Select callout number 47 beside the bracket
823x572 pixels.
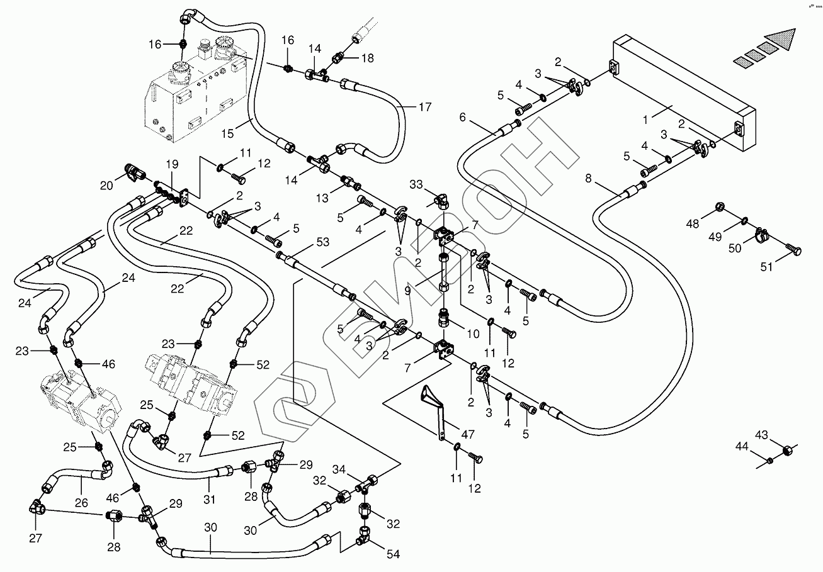pos(468,435)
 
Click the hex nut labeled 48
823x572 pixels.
pos(719,207)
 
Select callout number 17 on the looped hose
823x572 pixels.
pos(425,107)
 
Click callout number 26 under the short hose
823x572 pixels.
pos(82,502)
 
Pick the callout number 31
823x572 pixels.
pos(210,500)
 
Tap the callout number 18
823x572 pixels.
pos(367,58)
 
